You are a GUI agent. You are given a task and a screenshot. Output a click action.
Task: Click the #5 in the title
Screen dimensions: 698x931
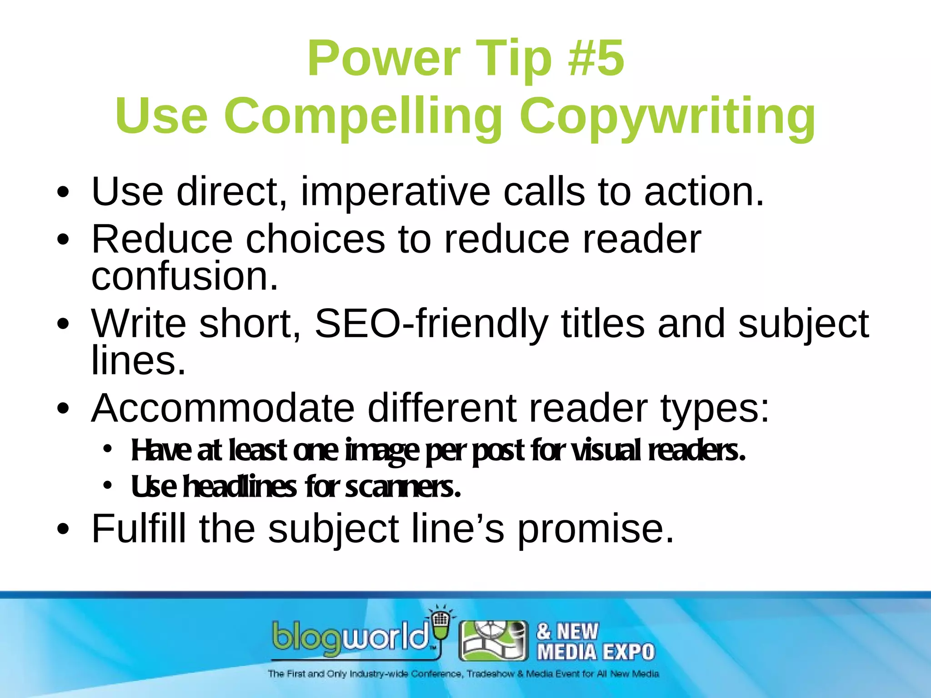coord(596,58)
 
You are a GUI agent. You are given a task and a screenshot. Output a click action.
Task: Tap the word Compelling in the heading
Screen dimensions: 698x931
coord(363,116)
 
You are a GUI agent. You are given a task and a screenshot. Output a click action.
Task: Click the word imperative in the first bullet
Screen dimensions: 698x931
coord(395,192)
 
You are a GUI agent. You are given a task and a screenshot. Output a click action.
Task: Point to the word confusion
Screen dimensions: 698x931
coord(185,276)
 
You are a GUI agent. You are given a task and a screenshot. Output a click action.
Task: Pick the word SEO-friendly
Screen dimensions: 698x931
coord(431,324)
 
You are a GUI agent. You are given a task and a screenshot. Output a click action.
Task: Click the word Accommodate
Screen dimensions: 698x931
coord(223,408)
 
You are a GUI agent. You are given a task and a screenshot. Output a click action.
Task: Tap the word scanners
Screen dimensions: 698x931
coord(403,487)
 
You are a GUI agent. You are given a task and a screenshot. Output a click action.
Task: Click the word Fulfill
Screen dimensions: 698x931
coord(139,529)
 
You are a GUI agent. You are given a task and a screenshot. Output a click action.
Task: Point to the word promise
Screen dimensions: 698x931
coord(596,529)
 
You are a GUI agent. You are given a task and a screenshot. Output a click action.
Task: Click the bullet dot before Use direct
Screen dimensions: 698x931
coord(63,193)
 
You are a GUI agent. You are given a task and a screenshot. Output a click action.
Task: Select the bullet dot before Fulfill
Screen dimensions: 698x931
coord(63,529)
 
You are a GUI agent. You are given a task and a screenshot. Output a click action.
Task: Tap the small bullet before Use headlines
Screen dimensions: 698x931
coord(107,486)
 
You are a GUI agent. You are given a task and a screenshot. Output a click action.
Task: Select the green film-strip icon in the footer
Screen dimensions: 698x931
coord(493,640)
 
